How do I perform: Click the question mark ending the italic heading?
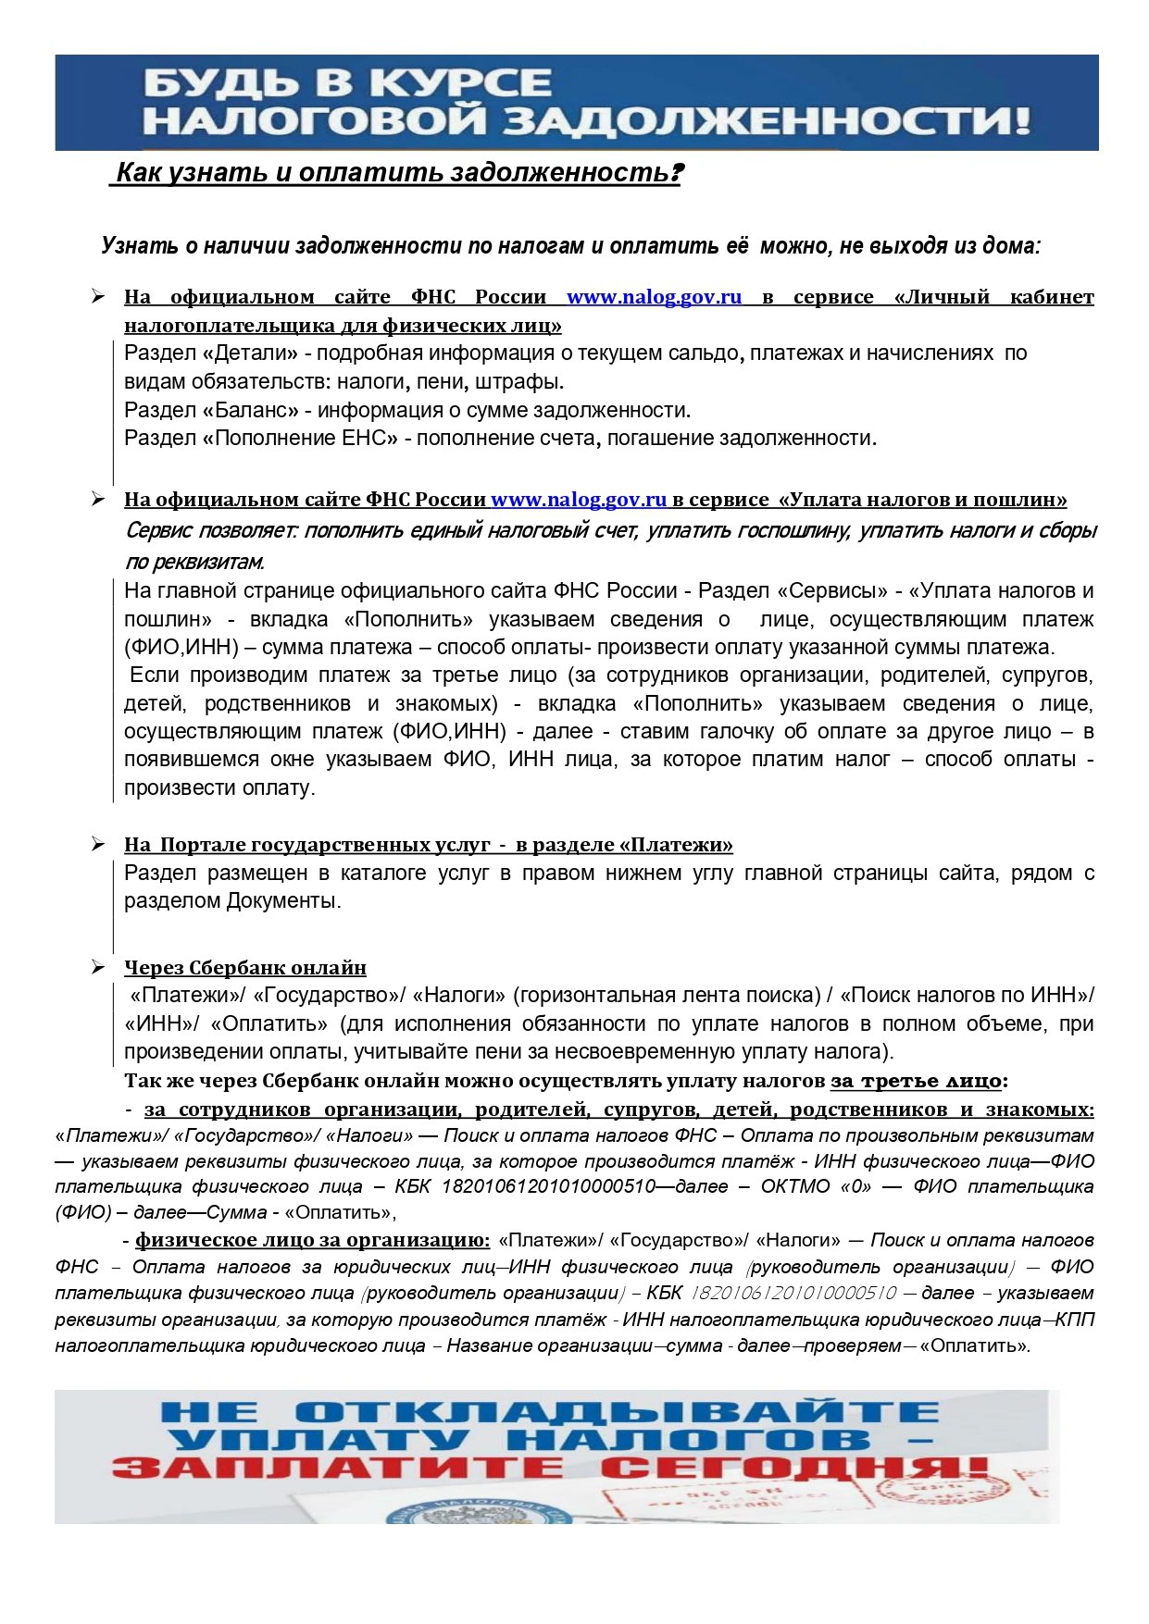(676, 173)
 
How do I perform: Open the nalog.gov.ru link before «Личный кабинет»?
(654, 297)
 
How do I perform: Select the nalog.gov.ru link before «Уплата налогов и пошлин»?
(579, 500)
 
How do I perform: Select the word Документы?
(282, 901)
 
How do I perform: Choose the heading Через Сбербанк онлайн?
(245, 968)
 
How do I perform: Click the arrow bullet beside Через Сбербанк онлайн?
(98, 968)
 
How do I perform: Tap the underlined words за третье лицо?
(916, 1081)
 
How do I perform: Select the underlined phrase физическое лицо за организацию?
(313, 1240)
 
